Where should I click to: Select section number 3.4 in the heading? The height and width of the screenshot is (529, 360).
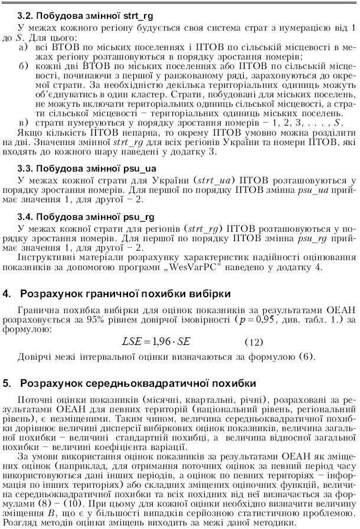(28, 216)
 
